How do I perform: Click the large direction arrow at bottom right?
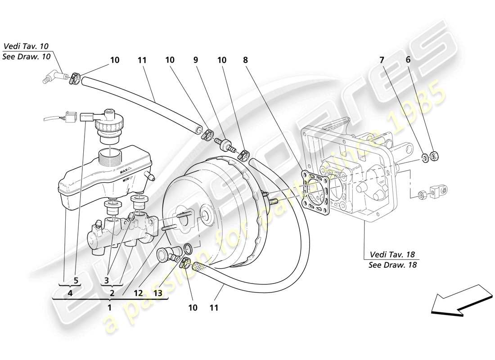tap(459, 300)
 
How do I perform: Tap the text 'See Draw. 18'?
tap(392, 265)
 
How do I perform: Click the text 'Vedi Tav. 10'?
tap(26, 46)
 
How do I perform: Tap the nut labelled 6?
tap(434, 157)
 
